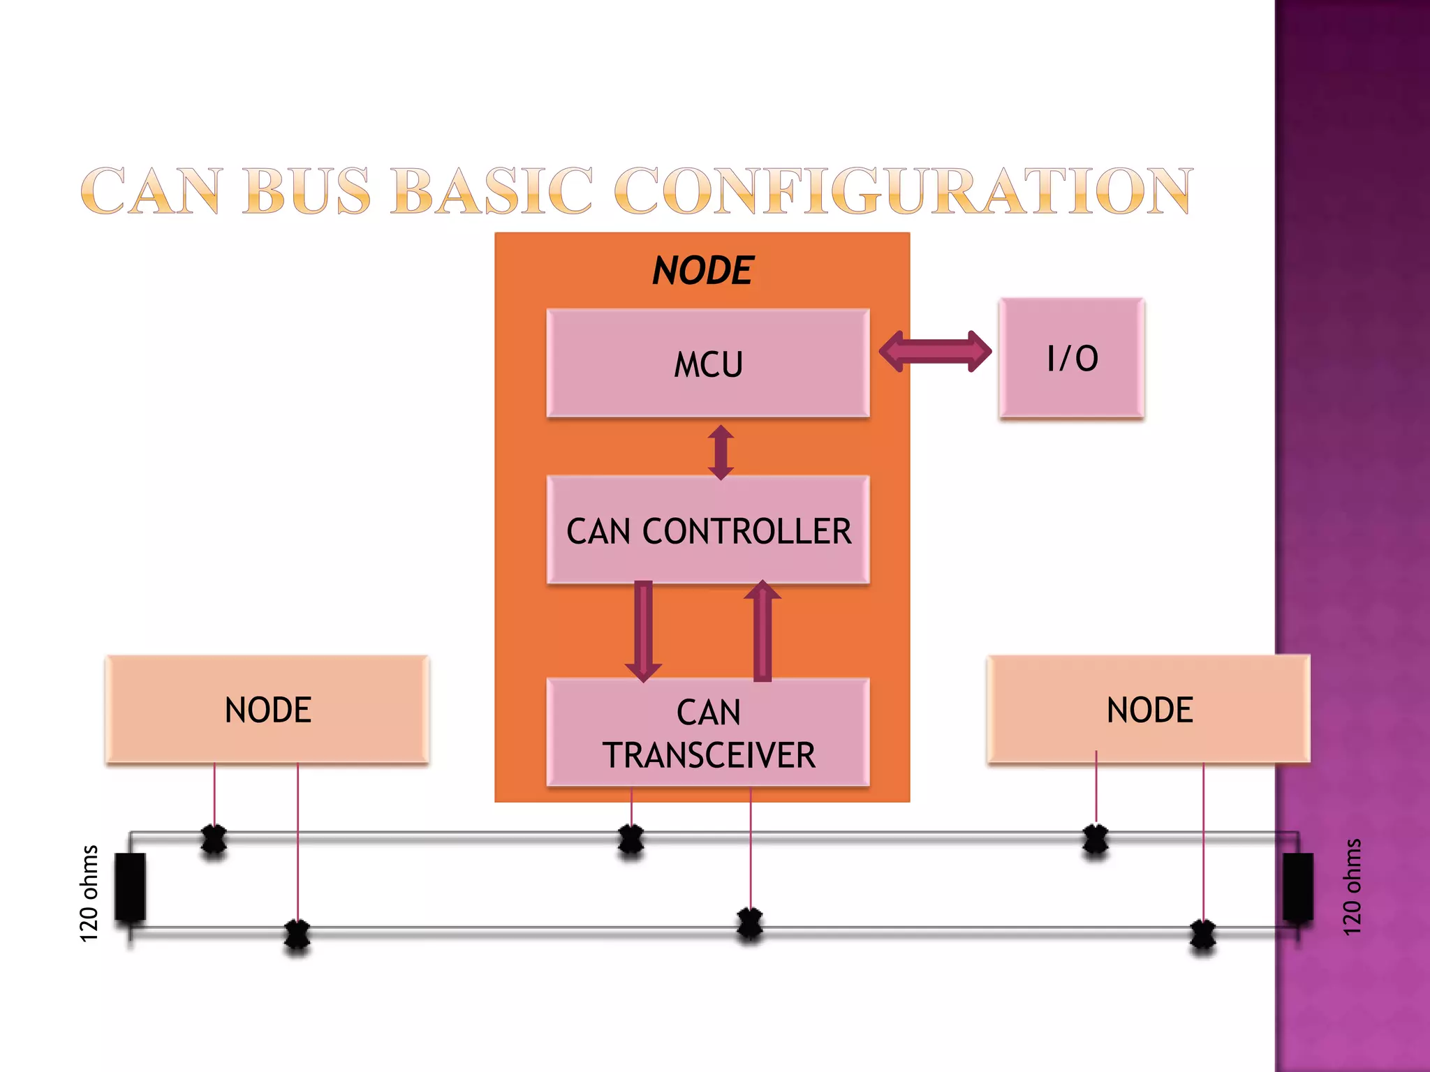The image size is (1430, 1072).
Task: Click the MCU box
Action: [x=707, y=363]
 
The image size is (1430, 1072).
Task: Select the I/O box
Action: [x=1071, y=358]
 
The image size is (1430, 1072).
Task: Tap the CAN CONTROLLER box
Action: [x=707, y=530]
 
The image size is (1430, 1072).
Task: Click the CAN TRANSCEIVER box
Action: [x=707, y=733]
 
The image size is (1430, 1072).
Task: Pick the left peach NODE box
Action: [x=267, y=709]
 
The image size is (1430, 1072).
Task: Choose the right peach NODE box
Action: [x=1149, y=709]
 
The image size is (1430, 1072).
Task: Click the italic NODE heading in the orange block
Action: [x=702, y=271]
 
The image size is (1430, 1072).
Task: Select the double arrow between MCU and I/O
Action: [x=934, y=351]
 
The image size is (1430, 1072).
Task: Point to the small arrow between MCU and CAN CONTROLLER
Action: [x=721, y=452]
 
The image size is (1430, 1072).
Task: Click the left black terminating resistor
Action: [x=130, y=886]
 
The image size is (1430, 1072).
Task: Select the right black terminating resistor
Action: [x=1297, y=886]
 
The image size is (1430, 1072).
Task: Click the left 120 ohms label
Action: [x=89, y=893]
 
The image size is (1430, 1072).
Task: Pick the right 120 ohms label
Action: [x=1352, y=888]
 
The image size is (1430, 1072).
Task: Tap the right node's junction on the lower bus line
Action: [x=1202, y=935]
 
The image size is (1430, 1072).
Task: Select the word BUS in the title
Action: [x=307, y=191]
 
